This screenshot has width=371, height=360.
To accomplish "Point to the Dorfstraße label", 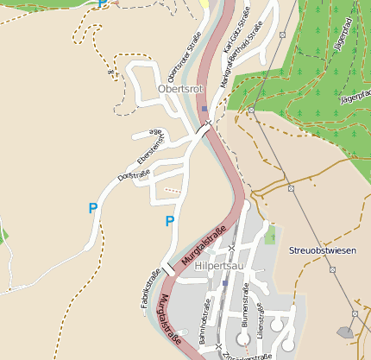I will pos(134,175).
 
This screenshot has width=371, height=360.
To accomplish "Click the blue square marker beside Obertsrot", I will pos(204,109).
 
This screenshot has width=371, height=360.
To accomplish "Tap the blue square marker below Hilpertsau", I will pos(224,282).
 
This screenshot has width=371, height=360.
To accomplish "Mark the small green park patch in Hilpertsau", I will pos(270,233).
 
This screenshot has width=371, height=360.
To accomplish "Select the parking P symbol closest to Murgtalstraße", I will pos(169,221).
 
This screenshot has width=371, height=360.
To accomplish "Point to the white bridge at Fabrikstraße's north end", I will pos(170,269).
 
